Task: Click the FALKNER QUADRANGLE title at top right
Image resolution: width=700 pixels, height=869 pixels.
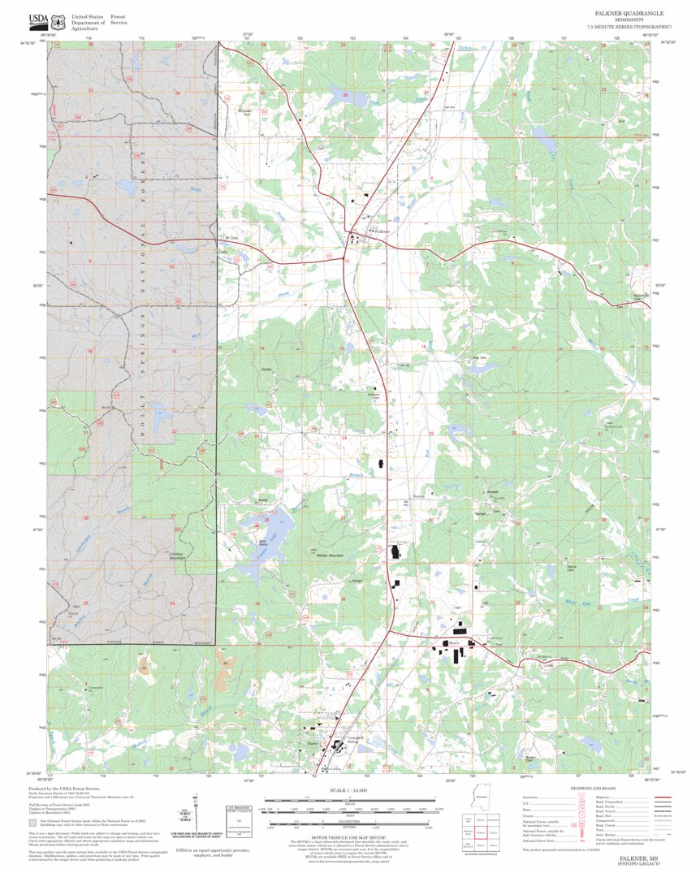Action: (x=629, y=14)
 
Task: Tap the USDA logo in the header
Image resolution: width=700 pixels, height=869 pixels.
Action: (x=37, y=19)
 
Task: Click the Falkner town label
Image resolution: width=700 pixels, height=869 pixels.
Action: (x=382, y=231)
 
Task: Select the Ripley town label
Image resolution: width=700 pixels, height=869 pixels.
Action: (x=313, y=743)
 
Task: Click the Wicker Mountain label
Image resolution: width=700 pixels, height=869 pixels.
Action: (x=331, y=556)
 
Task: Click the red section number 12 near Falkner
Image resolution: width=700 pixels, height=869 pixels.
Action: (x=347, y=261)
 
